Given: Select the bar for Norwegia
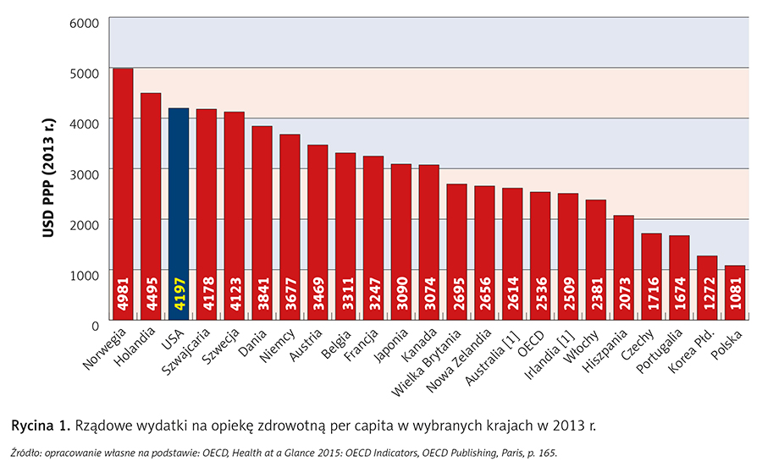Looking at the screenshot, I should pos(123,195).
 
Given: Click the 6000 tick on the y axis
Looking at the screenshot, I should pos(84,21).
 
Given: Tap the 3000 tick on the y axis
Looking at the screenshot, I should pos(84,173).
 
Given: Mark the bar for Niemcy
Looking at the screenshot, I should pos(290,228).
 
